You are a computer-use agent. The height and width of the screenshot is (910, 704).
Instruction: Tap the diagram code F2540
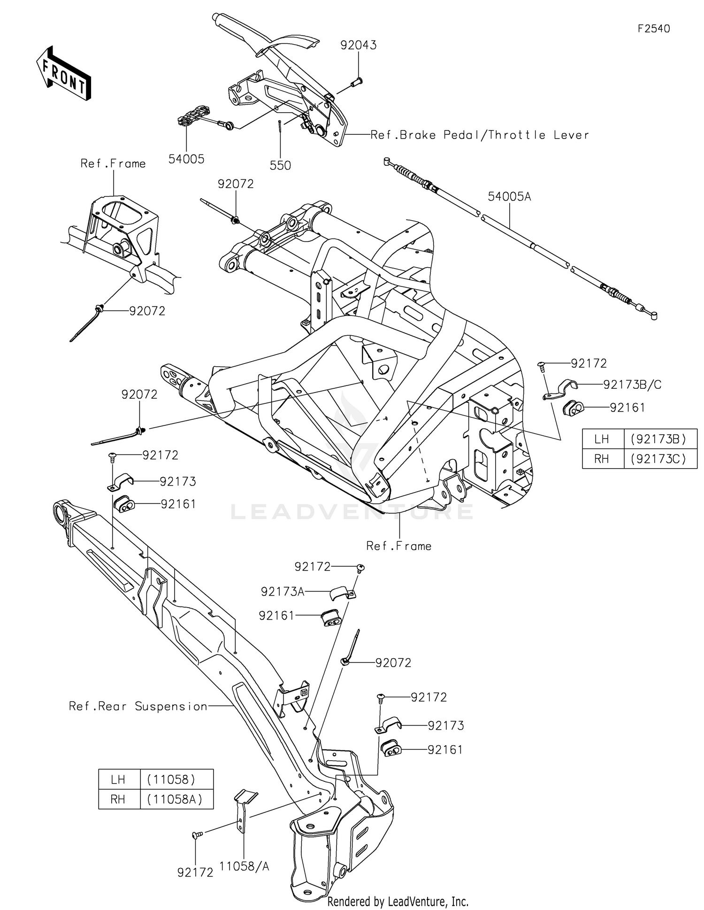click(x=654, y=29)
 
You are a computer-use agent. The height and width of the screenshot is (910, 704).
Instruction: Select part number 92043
click(x=359, y=45)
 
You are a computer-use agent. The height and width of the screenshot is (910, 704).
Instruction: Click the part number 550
click(x=280, y=165)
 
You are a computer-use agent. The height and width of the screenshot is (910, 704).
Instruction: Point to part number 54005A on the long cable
click(x=509, y=196)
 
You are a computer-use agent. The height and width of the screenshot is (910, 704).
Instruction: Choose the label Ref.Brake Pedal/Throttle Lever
click(x=480, y=135)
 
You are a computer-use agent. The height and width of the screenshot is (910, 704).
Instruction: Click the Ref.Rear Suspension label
click(x=138, y=706)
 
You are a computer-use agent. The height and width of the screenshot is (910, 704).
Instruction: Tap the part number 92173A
click(x=283, y=592)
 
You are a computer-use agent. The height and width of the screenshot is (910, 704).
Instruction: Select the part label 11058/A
click(x=245, y=867)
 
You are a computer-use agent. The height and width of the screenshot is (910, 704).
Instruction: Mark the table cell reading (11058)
click(x=171, y=779)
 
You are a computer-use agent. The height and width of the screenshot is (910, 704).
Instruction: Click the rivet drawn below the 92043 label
click(x=357, y=83)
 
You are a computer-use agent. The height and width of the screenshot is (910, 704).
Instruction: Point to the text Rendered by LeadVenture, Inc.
click(x=398, y=902)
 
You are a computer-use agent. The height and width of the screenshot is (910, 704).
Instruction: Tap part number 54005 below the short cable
click(x=186, y=159)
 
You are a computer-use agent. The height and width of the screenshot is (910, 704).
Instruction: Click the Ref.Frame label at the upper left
click(x=113, y=163)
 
